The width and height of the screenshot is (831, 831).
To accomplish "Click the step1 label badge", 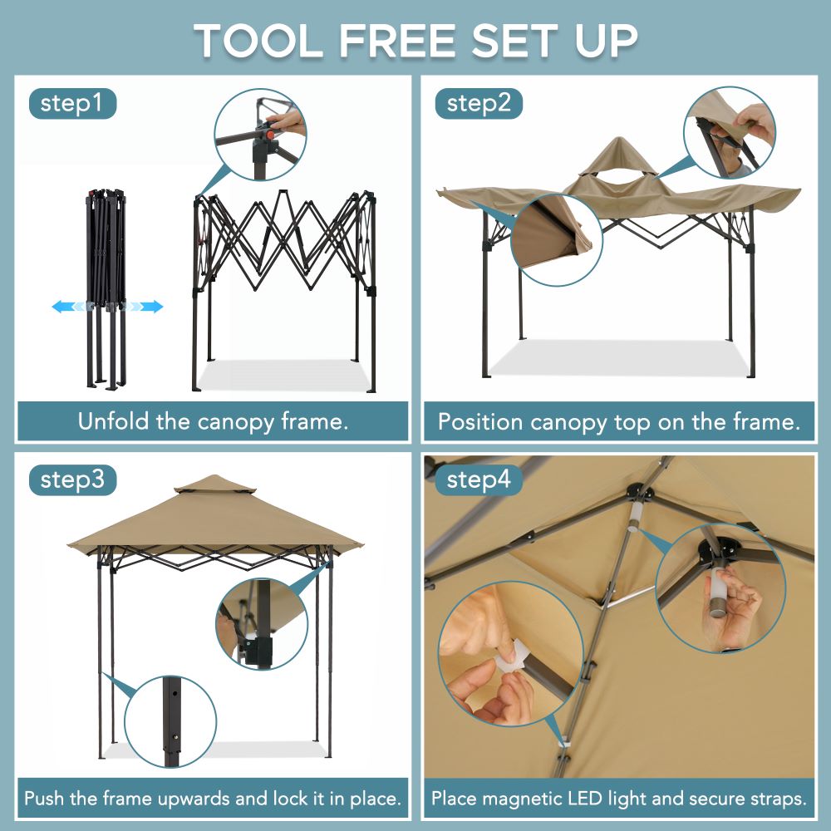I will [x=71, y=104].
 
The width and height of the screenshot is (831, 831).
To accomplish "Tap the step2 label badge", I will [x=479, y=104].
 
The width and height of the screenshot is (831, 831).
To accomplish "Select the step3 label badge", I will [x=71, y=480].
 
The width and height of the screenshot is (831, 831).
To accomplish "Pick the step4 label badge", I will [x=479, y=480].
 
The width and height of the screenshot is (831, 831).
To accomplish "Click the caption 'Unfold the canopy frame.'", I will [x=213, y=421].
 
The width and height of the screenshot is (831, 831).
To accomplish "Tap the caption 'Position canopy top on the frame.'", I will [x=619, y=422].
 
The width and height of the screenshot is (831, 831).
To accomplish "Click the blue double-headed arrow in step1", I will [x=107, y=307].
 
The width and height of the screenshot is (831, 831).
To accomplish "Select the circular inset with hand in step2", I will [x=729, y=133].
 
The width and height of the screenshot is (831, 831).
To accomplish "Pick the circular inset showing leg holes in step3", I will [x=171, y=720].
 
